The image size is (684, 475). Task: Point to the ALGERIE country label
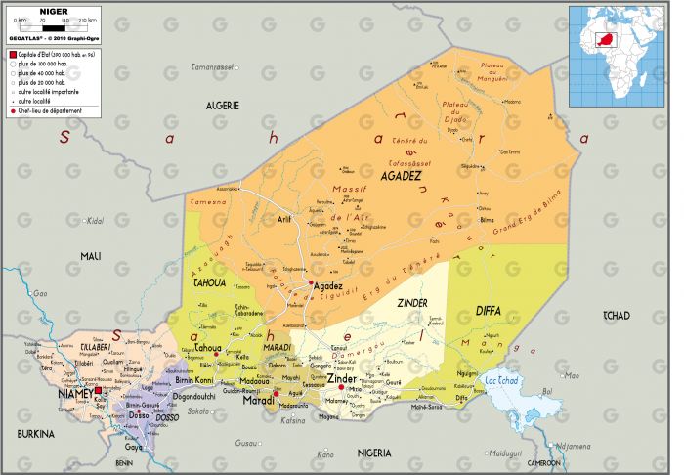tap(223, 105)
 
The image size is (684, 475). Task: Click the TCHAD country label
tap(617, 314)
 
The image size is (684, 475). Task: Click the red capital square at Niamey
tap(98, 390)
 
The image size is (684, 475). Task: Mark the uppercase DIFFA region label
tap(488, 312)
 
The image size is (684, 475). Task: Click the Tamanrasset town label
tap(213, 67)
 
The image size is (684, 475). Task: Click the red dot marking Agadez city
tap(311, 283)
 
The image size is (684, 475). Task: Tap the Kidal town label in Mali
tap(95, 221)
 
